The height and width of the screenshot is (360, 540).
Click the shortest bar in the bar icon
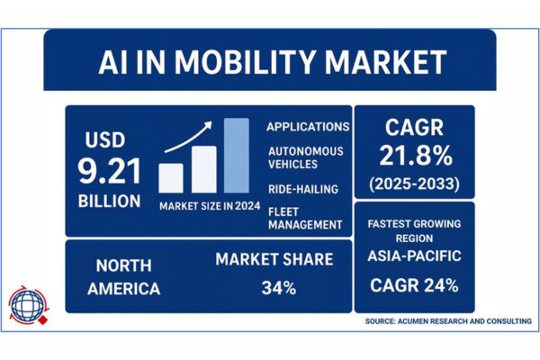171,177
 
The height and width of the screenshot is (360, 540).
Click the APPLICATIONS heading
309,127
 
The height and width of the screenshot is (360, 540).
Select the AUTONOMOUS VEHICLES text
301,160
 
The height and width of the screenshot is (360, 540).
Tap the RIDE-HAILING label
302,190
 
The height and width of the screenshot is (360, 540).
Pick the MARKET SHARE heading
274,260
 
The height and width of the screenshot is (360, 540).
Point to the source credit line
448,321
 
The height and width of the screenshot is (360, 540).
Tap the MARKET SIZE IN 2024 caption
210,205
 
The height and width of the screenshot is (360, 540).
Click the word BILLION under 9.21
109,200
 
